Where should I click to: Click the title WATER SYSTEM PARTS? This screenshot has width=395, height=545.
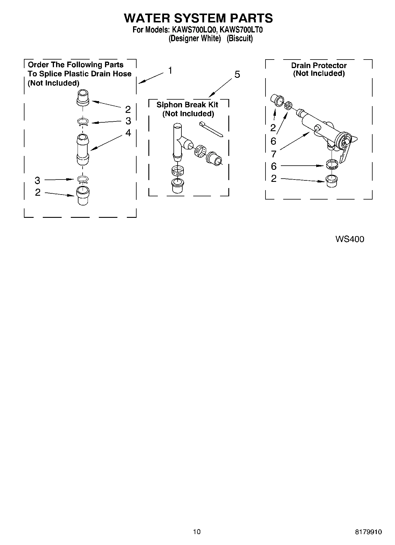pyautogui.click(x=198, y=18)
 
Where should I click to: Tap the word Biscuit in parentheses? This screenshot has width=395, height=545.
pyautogui.click(x=240, y=38)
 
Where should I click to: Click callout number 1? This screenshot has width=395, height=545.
pyautogui.click(x=170, y=71)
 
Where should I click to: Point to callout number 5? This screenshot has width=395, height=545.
pyautogui.click(x=237, y=75)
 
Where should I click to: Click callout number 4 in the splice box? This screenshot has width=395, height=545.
pyautogui.click(x=128, y=133)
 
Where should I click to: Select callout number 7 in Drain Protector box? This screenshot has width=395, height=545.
pyautogui.click(x=273, y=154)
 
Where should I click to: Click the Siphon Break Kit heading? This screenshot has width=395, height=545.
pyautogui.click(x=187, y=105)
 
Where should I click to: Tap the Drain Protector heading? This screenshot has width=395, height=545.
pyautogui.click(x=319, y=65)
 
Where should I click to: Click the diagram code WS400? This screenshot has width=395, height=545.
pyautogui.click(x=350, y=239)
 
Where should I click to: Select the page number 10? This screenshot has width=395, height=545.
pyautogui.click(x=197, y=532)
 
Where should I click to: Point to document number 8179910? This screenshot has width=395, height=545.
pyautogui.click(x=368, y=532)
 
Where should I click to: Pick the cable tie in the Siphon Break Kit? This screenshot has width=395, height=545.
pyautogui.click(x=211, y=129)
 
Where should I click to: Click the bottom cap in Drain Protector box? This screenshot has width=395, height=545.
pyautogui.click(x=332, y=180)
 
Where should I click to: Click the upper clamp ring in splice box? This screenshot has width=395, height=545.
pyautogui.click(x=83, y=122)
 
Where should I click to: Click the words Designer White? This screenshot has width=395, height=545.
pyautogui.click(x=195, y=38)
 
